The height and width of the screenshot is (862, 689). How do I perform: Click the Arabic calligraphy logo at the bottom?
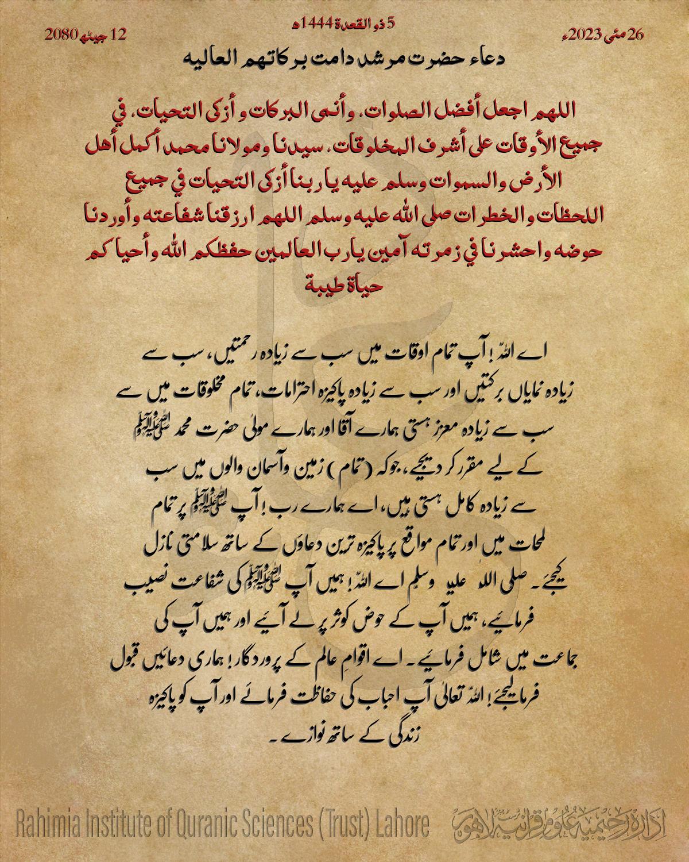pyautogui.click(x=563, y=826)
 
